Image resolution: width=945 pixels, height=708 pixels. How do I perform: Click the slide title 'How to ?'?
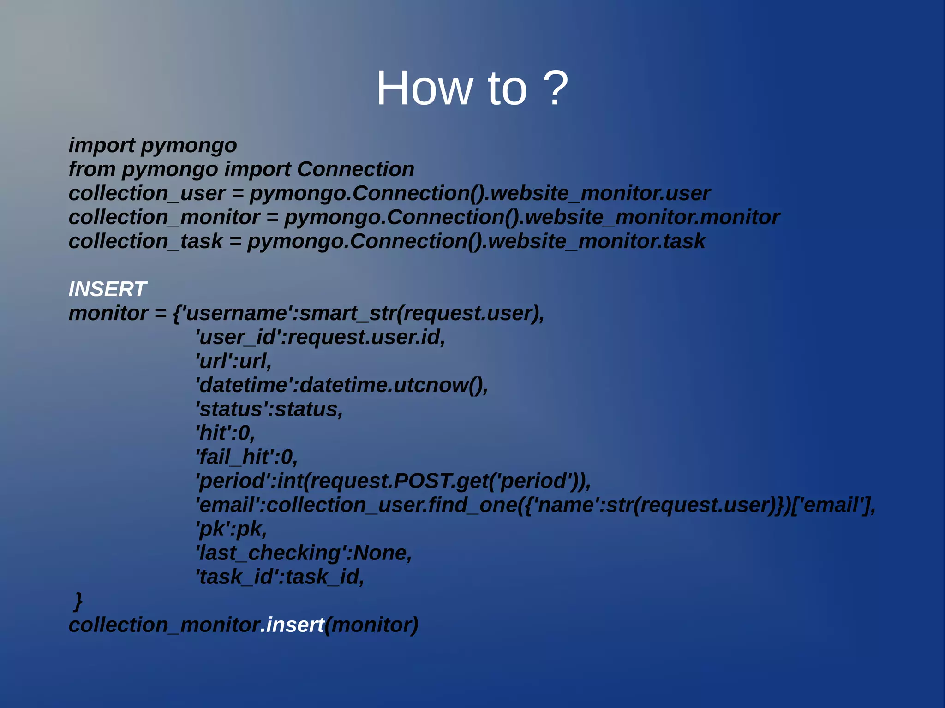tap(472, 88)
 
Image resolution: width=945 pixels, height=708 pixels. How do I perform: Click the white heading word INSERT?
tap(108, 289)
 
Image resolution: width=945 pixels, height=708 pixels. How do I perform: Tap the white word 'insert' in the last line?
tap(295, 625)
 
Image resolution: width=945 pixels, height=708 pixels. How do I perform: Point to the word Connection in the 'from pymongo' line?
tap(355, 169)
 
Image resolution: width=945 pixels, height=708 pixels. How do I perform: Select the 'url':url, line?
tap(233, 361)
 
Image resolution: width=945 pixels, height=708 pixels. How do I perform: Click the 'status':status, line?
tap(269, 409)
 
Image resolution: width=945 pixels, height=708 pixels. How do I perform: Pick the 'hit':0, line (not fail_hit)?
tap(225, 433)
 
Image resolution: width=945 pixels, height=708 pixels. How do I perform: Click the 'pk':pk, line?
tap(231, 529)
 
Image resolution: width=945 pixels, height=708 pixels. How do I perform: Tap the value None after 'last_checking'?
tap(380, 553)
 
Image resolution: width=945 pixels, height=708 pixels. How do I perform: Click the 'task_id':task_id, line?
tap(280, 577)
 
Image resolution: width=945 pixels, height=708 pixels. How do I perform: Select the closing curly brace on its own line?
tap(78, 601)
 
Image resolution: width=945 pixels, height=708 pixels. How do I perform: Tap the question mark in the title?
tap(555, 88)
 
